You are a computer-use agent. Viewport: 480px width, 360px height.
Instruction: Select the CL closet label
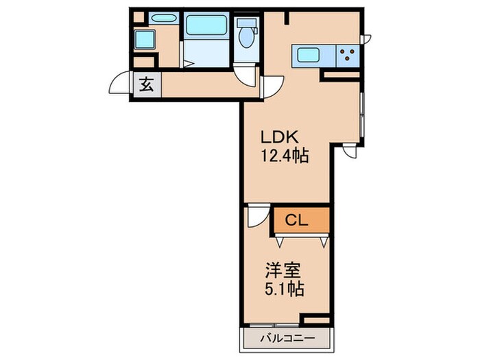(x=296, y=220)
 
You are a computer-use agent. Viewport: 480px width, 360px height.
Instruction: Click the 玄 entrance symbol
(x=147, y=86)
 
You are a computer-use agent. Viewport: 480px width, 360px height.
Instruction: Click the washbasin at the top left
(x=163, y=19)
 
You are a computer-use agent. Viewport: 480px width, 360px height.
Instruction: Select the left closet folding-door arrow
(x=280, y=241)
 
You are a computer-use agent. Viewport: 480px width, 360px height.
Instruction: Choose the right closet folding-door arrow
(x=323, y=241)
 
